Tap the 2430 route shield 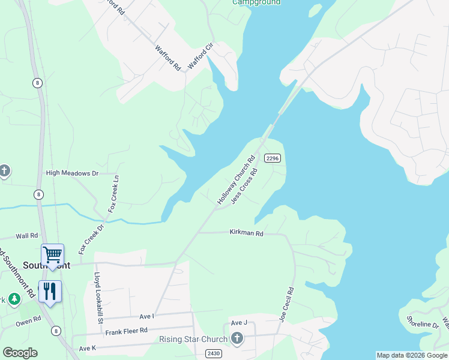[x=213, y=353]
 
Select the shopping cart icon [x=52, y=255]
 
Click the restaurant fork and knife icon [x=50, y=292]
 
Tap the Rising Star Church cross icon [x=238, y=339]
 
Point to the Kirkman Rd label [x=246, y=233]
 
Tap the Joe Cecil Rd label [x=286, y=305]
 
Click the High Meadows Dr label [x=72, y=173]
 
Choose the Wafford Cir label [x=200, y=55]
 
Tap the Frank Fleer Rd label [x=126, y=331]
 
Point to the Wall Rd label [x=27, y=236]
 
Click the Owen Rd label [x=28, y=321]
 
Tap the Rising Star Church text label [x=193, y=340]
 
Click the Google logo [x=20, y=353]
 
